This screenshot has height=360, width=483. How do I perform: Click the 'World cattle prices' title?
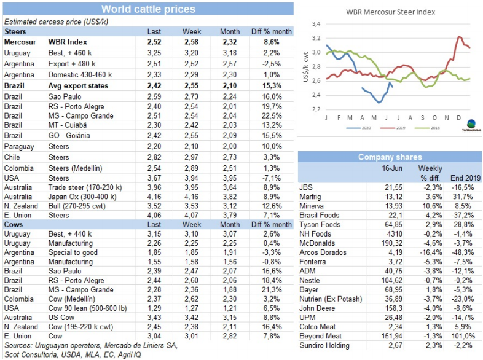click(x=148, y=9)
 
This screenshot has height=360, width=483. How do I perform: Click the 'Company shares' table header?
click(x=390, y=157)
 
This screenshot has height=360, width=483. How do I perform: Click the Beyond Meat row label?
click(x=322, y=337)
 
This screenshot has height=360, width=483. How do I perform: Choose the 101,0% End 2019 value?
click(x=462, y=337)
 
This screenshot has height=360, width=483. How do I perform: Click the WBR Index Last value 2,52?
click(x=155, y=42)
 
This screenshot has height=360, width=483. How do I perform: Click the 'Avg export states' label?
click(x=79, y=85)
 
